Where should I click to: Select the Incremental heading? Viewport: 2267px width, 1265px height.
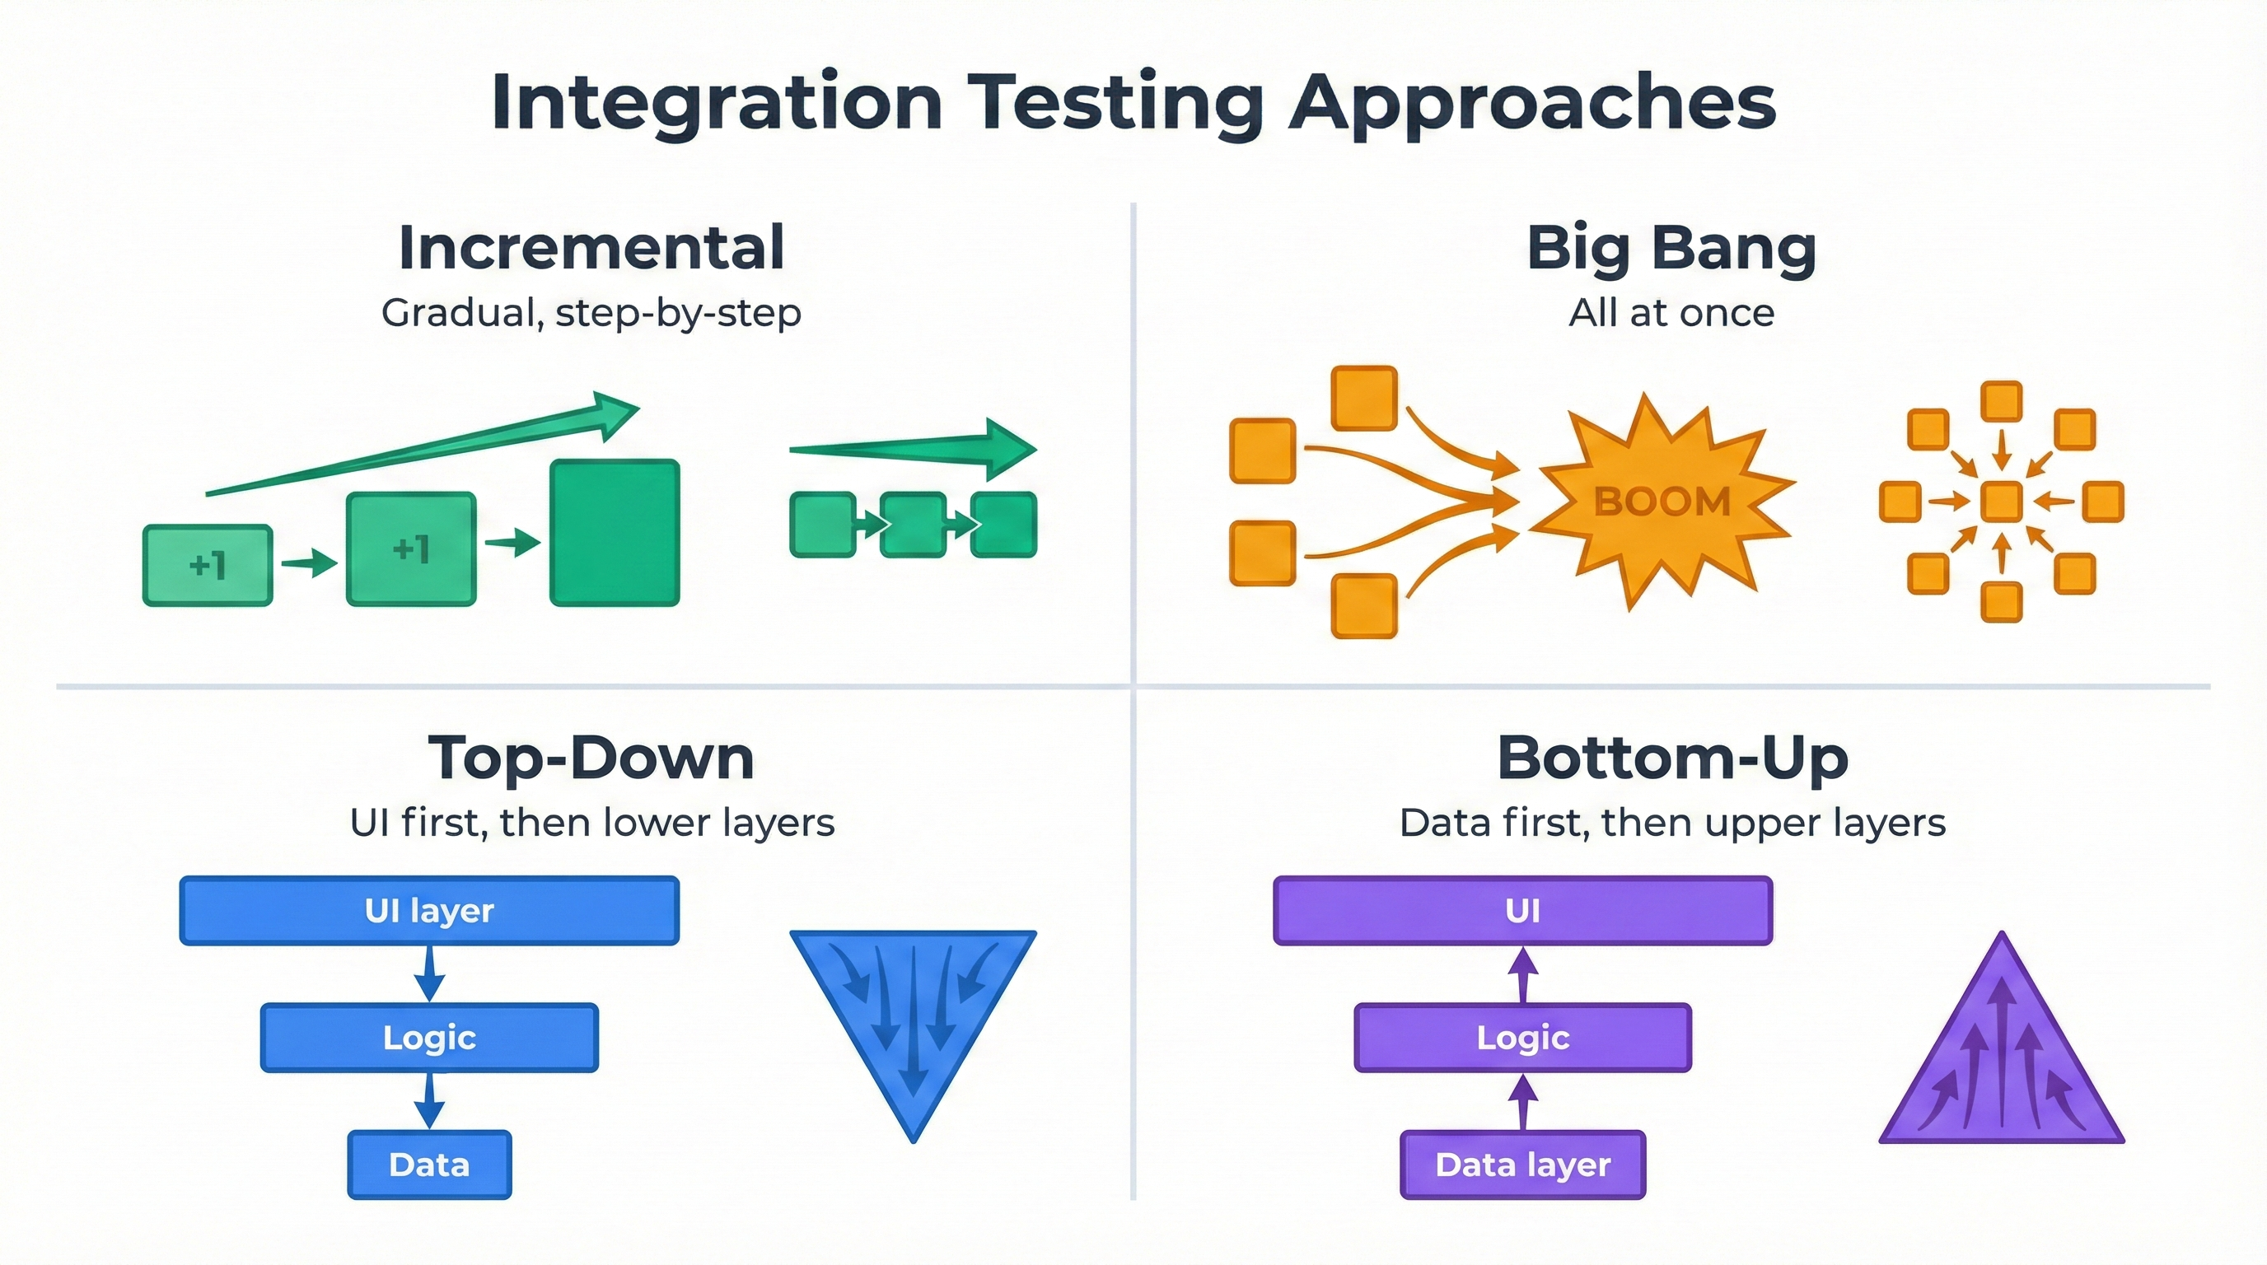pos(591,248)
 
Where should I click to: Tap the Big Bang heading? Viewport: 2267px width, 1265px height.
pos(1671,248)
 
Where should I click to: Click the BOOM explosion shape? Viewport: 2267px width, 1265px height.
pos(1662,502)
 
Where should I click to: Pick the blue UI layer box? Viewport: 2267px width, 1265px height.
pos(429,911)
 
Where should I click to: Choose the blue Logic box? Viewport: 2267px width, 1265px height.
pos(429,1038)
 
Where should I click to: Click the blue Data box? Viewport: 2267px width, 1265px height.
pos(429,1165)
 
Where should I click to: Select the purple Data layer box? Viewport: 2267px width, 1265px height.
pos(1522,1165)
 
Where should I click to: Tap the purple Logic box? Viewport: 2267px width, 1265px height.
pos(1522,1038)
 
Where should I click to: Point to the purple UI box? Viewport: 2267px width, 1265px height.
pos(1522,911)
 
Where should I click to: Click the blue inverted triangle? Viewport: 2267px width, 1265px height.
pos(913,1011)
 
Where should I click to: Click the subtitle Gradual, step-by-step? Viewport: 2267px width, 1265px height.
pos(591,313)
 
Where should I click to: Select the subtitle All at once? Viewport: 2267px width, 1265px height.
pos(1671,313)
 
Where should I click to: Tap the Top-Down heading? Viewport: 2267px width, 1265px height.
pos(591,759)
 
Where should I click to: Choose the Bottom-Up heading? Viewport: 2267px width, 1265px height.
pos(1672,759)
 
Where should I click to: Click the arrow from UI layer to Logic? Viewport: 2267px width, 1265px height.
pos(429,973)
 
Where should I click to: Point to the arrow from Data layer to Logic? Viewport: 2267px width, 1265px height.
pos(1522,1101)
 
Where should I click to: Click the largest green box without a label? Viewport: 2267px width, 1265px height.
pos(615,532)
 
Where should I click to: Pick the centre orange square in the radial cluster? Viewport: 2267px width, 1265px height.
pos(2001,502)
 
